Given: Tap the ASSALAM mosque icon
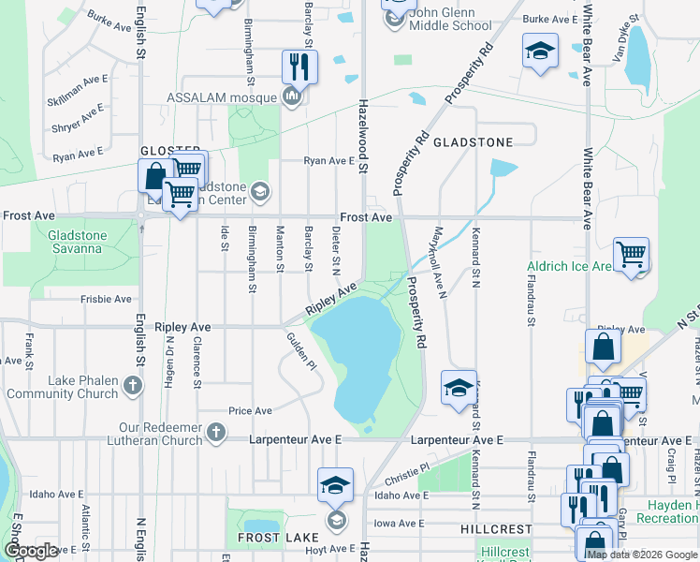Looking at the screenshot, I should pos(292,97).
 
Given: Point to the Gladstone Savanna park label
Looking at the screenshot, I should pos(64,241).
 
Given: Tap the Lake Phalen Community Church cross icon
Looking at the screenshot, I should pos(132,385).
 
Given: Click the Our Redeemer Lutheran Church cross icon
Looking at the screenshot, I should pos(216,432).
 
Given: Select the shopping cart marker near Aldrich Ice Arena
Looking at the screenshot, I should pos(632,253).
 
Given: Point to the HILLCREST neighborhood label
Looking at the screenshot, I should pos(496,529).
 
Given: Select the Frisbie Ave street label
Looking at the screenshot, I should pos(107,300).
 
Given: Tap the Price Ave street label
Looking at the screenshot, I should pos(250,411).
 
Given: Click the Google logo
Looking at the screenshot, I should pos(32,550).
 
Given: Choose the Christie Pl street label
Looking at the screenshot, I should pos(405,466).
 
